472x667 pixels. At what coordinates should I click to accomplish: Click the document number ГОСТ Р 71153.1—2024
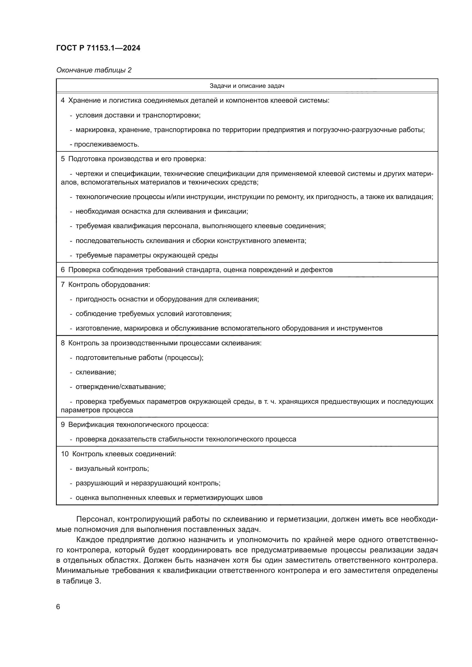[98, 48]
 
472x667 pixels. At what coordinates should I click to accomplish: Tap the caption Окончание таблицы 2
[94, 70]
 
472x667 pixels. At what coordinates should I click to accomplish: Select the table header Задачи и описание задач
[247, 86]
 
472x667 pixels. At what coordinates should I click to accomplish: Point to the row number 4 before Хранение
[63, 100]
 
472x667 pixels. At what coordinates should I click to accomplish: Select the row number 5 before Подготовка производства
[63, 159]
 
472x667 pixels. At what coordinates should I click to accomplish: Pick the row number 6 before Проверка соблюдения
[63, 269]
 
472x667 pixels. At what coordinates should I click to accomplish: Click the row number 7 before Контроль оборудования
[63, 284]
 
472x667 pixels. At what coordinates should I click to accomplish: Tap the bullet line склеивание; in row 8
[96, 372]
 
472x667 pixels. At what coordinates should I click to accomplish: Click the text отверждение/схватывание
[120, 387]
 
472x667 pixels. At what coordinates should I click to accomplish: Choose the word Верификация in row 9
[91, 424]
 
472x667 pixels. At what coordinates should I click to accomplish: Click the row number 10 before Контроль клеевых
[64, 454]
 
